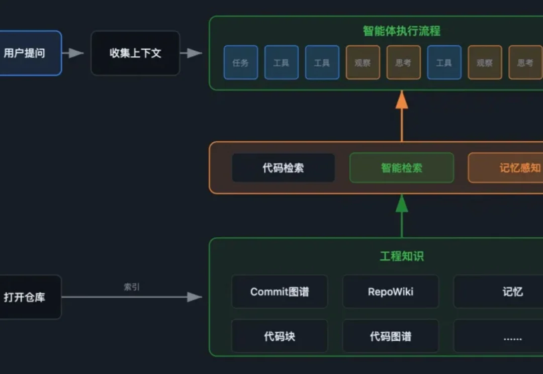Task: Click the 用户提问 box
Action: [x=28, y=53]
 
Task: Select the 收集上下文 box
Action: [x=135, y=53]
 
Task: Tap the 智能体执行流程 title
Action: [x=401, y=31]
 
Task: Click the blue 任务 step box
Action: [x=240, y=63]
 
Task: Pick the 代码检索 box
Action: [x=283, y=168]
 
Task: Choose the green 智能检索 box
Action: [x=401, y=168]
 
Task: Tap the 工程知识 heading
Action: [x=401, y=256]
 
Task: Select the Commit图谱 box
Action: [x=280, y=292]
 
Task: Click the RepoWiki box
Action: [x=391, y=292]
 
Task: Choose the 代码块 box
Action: [x=280, y=336]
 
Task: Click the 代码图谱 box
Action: [x=391, y=336]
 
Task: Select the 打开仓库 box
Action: [x=28, y=297]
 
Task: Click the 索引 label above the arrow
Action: [x=132, y=287]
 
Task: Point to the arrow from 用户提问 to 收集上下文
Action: [x=73, y=53]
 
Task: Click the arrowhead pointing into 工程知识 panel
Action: [x=195, y=297]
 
